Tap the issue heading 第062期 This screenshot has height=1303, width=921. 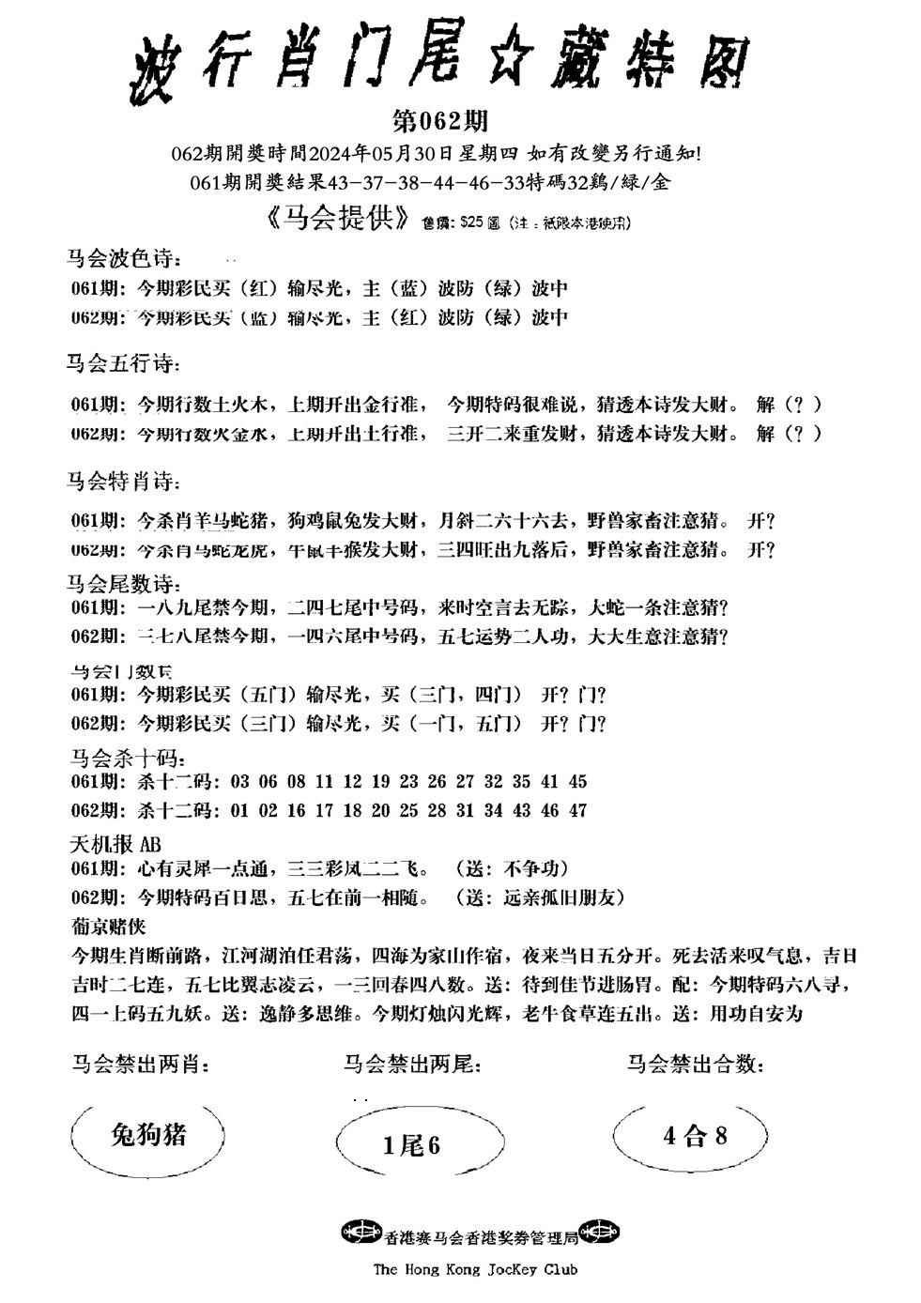pos(438,121)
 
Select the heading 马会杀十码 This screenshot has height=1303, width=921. pos(119,757)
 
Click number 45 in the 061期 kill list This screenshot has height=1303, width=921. pos(577,781)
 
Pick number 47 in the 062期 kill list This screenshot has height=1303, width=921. pos(577,809)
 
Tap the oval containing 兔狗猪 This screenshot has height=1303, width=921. pos(147,1135)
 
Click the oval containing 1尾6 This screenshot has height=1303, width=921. pos(412,1144)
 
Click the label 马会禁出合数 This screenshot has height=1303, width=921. pos(695,1065)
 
